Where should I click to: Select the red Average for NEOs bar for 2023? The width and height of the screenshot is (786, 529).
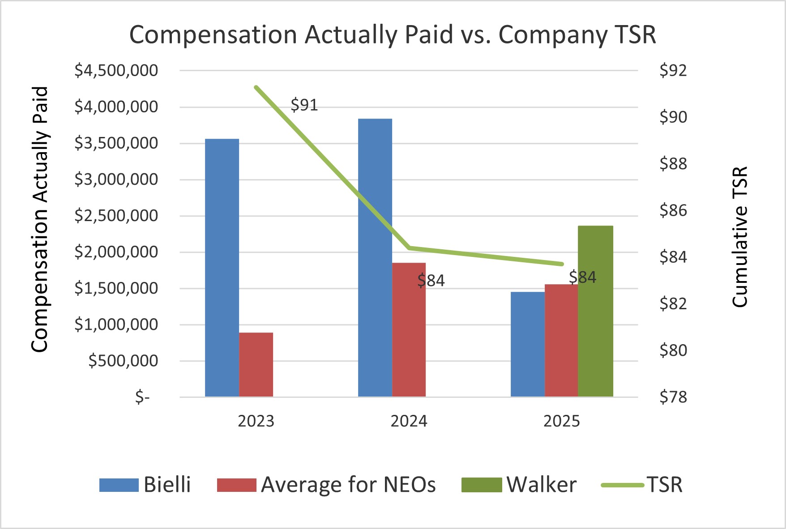pyautogui.click(x=256, y=364)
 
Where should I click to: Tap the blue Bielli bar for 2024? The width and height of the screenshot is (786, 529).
pyautogui.click(x=375, y=257)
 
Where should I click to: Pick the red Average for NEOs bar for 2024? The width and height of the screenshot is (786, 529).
pyautogui.click(x=409, y=329)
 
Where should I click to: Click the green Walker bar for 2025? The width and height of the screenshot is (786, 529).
pyautogui.click(x=595, y=311)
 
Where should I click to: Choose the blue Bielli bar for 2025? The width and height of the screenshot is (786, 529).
pyautogui.click(x=528, y=344)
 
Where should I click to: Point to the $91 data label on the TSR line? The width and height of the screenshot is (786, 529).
pyautogui.click(x=304, y=105)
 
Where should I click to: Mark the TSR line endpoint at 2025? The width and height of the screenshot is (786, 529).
pyautogui.click(x=562, y=264)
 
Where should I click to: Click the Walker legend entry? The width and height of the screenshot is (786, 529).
pyautogui.click(x=519, y=485)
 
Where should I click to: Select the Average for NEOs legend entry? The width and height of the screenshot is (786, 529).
pyautogui.click(x=327, y=485)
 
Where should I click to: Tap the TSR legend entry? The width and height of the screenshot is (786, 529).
pyautogui.click(x=643, y=485)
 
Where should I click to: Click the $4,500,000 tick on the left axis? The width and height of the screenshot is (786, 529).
pyautogui.click(x=116, y=71)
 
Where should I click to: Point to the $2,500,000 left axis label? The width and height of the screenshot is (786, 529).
pyautogui.click(x=116, y=216)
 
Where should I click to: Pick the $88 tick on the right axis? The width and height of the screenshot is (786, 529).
pyautogui.click(x=673, y=164)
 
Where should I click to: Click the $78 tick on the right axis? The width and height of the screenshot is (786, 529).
pyautogui.click(x=673, y=397)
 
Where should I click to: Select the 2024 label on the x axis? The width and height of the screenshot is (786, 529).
pyautogui.click(x=409, y=421)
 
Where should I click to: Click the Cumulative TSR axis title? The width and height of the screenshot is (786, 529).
pyautogui.click(x=740, y=237)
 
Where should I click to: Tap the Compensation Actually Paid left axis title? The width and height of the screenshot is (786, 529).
pyautogui.click(x=40, y=219)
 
